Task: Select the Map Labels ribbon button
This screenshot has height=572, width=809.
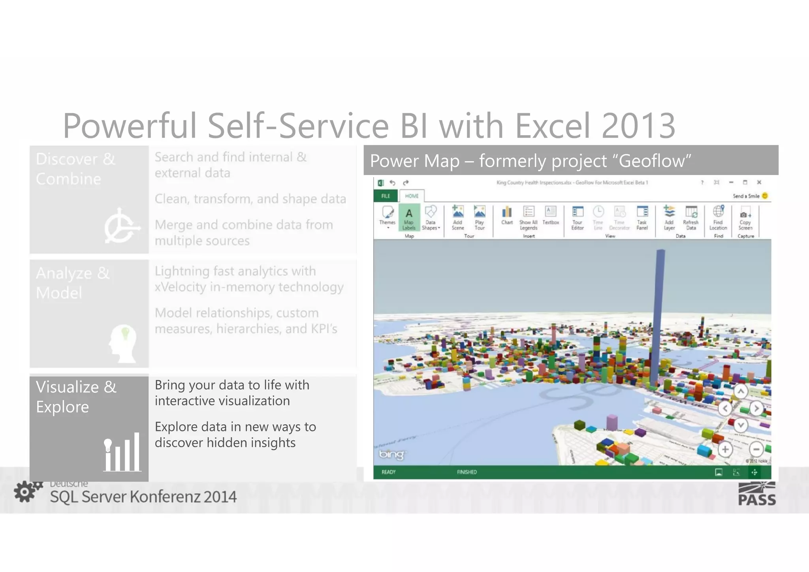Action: click(409, 218)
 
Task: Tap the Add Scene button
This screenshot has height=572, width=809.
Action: click(457, 217)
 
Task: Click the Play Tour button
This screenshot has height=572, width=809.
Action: click(480, 217)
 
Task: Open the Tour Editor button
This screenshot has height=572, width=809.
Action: click(578, 217)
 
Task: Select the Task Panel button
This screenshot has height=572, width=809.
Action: click(642, 217)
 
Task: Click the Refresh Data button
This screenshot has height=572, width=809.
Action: click(691, 217)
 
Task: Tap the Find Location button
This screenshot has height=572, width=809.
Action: click(718, 217)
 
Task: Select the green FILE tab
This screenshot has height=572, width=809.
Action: click(386, 196)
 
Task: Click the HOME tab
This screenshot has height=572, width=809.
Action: click(412, 196)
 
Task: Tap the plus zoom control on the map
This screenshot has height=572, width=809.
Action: click(725, 450)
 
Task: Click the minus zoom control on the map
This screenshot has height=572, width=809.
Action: click(756, 450)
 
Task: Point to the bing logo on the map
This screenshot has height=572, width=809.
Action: click(391, 455)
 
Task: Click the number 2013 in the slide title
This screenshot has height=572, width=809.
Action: click(638, 126)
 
